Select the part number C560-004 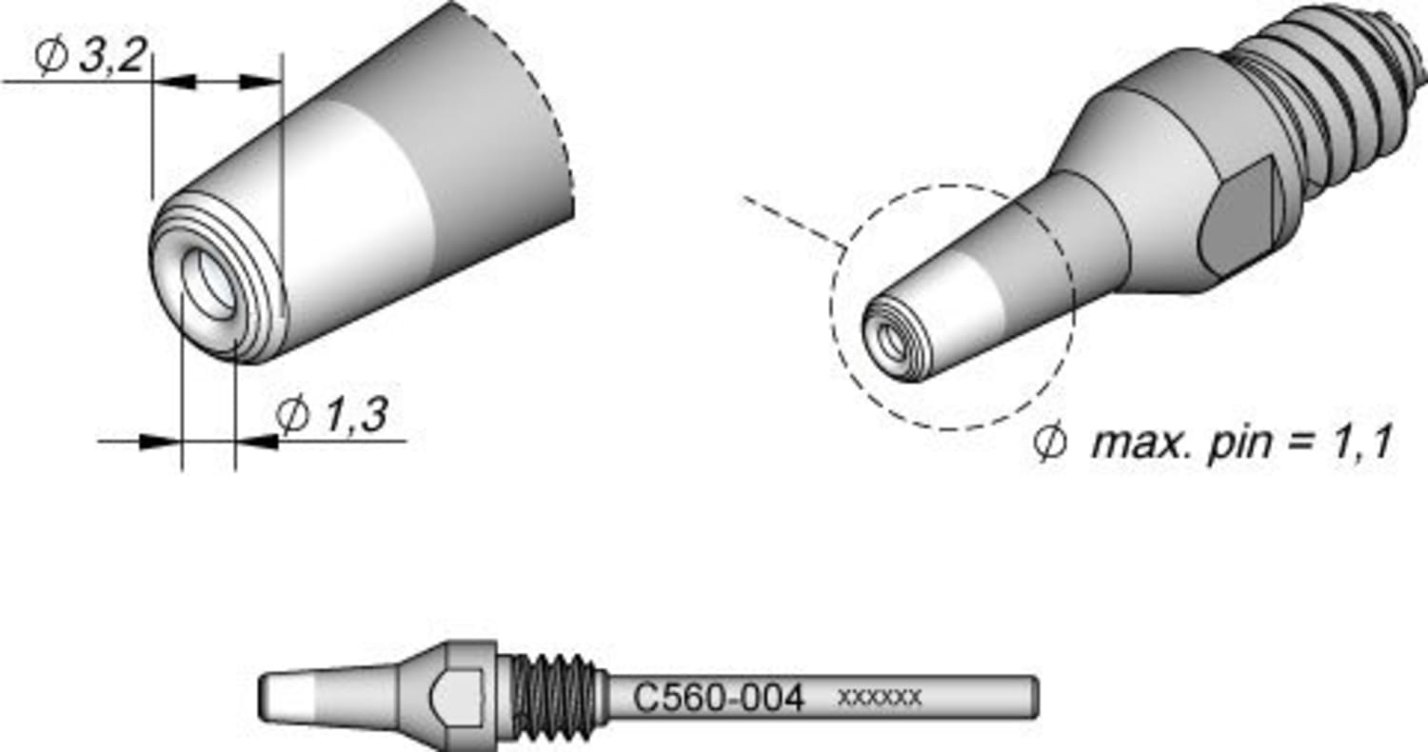pyautogui.click(x=719, y=699)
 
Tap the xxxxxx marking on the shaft pyautogui.click(x=879, y=698)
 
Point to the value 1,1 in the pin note pyautogui.click(x=1363, y=444)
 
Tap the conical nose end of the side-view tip pyautogui.click(x=286, y=698)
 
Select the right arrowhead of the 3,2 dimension pyautogui.click(x=267, y=82)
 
